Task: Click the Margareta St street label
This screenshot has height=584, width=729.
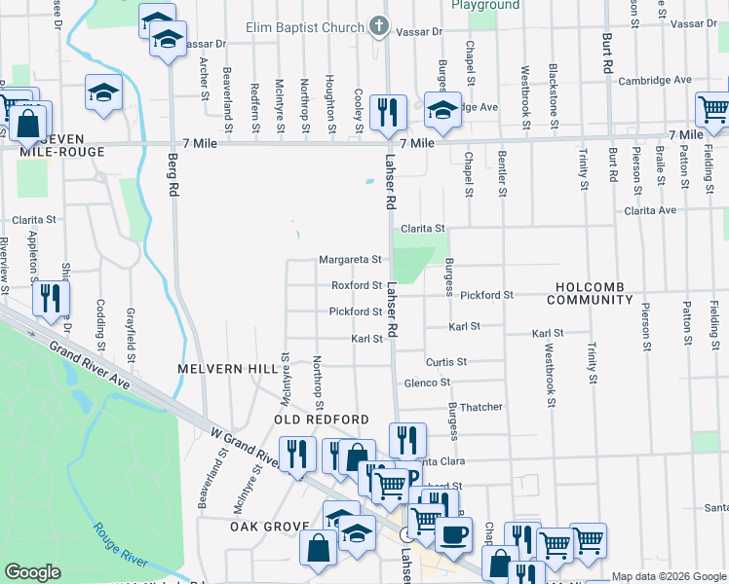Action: point(350,260)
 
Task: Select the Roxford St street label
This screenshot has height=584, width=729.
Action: point(356,286)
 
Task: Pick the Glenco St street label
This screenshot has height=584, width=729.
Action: point(427,383)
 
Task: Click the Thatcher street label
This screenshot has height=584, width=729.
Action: point(480,407)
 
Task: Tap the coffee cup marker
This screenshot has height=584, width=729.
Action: point(453,533)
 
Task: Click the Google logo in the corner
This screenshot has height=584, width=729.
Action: point(32,571)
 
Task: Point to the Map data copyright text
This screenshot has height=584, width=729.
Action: point(669,576)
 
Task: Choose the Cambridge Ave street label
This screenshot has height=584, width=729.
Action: point(654,80)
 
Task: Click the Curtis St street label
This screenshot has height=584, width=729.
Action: point(447,361)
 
